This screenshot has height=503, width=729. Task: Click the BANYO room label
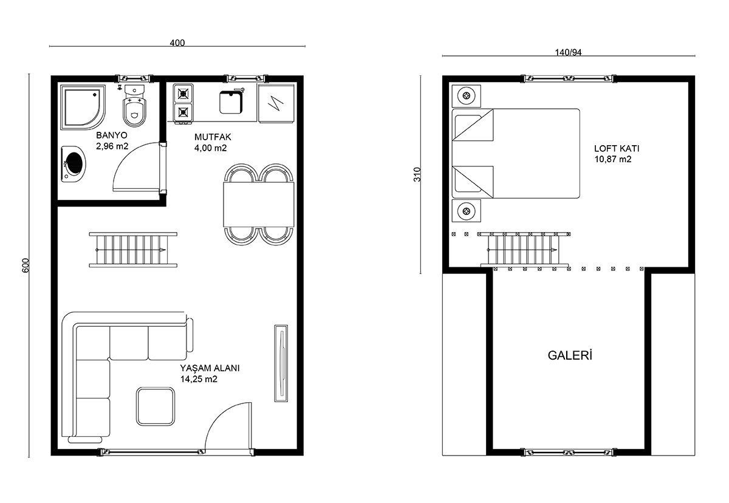tap(112, 135)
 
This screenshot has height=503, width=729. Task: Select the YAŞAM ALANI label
tap(210, 368)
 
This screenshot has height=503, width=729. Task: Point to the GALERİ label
tap(570, 355)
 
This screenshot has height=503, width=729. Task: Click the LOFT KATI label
tap(617, 148)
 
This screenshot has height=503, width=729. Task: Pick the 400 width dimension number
tap(177, 43)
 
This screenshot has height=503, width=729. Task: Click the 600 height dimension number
tap(26, 265)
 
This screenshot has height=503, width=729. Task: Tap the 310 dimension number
tap(417, 174)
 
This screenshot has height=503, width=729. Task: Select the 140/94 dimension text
tap(568, 52)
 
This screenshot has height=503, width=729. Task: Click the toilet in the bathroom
tap(134, 106)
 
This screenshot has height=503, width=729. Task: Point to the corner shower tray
tap(83, 108)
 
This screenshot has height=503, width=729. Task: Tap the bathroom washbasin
tap(74, 163)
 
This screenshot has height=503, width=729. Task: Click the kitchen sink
tap(231, 102)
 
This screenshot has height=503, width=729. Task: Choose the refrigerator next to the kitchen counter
tap(276, 103)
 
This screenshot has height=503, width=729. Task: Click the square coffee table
tap(156, 406)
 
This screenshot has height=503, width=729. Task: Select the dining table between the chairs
tap(259, 204)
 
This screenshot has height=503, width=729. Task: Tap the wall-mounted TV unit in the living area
tap(281, 363)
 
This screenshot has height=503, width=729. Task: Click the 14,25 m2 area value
tap(199, 379)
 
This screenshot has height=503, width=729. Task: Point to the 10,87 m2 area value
tap(613, 159)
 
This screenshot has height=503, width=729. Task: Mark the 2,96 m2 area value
tap(112, 146)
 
